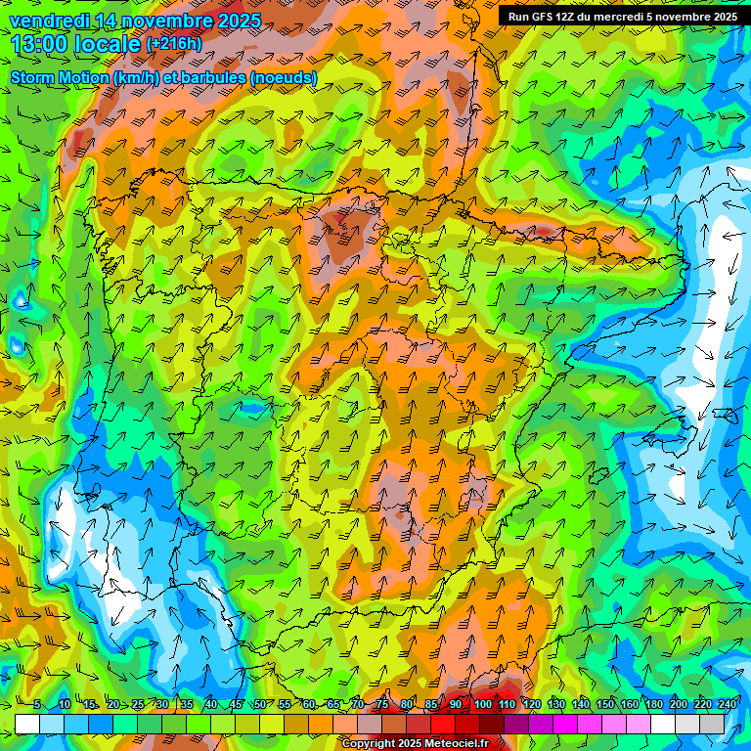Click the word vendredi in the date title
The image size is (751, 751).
click(x=47, y=21)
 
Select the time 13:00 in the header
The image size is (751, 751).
click(x=44, y=44)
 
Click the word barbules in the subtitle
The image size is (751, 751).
click(x=216, y=77)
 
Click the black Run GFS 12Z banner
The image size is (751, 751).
click(x=623, y=17)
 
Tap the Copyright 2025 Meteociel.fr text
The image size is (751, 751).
click(x=415, y=744)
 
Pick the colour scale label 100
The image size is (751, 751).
click(x=483, y=705)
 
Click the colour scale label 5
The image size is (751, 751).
click(x=37, y=705)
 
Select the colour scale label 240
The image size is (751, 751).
click(x=727, y=705)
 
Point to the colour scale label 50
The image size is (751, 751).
click(x=260, y=705)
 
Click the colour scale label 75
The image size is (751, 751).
click(x=383, y=705)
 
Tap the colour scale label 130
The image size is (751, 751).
click(x=556, y=705)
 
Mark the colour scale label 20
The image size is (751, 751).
click(x=113, y=705)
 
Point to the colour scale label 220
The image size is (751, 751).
click(x=703, y=705)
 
